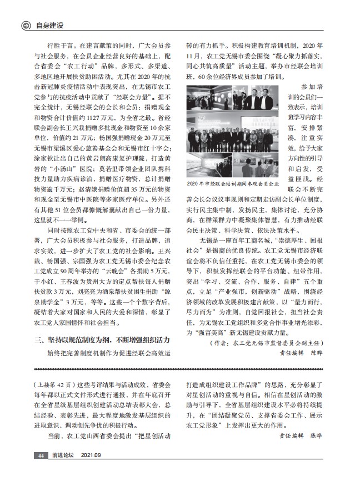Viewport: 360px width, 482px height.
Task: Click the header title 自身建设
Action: pyautogui.click(x=50, y=25)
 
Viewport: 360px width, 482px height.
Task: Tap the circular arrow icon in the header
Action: pyautogui.click(x=25, y=25)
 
